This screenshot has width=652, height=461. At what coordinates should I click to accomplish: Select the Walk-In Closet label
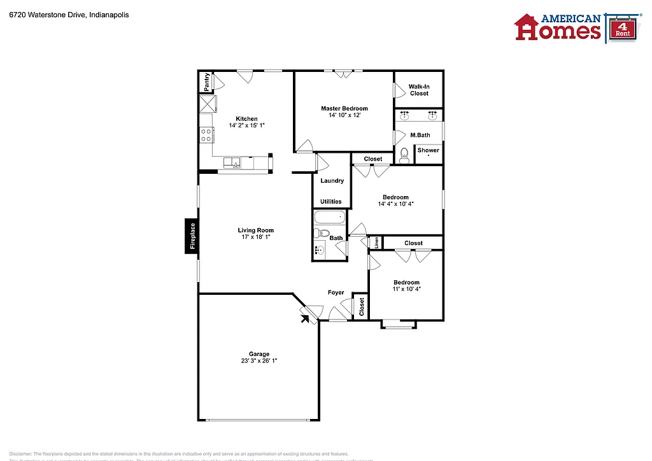click(x=419, y=90)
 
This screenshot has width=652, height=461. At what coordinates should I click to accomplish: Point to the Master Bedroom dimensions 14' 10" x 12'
click(x=344, y=116)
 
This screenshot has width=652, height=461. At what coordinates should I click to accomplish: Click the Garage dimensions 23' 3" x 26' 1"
click(x=259, y=361)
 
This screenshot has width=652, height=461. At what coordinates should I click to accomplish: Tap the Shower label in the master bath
click(x=428, y=151)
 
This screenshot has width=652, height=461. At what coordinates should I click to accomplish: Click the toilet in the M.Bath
click(x=404, y=155)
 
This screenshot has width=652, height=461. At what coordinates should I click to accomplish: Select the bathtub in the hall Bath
click(x=329, y=218)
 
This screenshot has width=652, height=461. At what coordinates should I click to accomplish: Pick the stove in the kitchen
click(x=206, y=135)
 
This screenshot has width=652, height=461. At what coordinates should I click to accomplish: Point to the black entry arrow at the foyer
click(x=306, y=316)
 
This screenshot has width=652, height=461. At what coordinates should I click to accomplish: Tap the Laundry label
click(x=332, y=181)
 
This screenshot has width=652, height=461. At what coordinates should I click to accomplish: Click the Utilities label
click(x=330, y=202)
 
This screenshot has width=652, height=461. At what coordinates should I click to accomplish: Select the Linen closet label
click(x=377, y=243)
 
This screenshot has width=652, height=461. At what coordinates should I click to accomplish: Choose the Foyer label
click(x=336, y=293)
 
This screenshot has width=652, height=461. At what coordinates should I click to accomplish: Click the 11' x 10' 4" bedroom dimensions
click(x=406, y=289)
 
